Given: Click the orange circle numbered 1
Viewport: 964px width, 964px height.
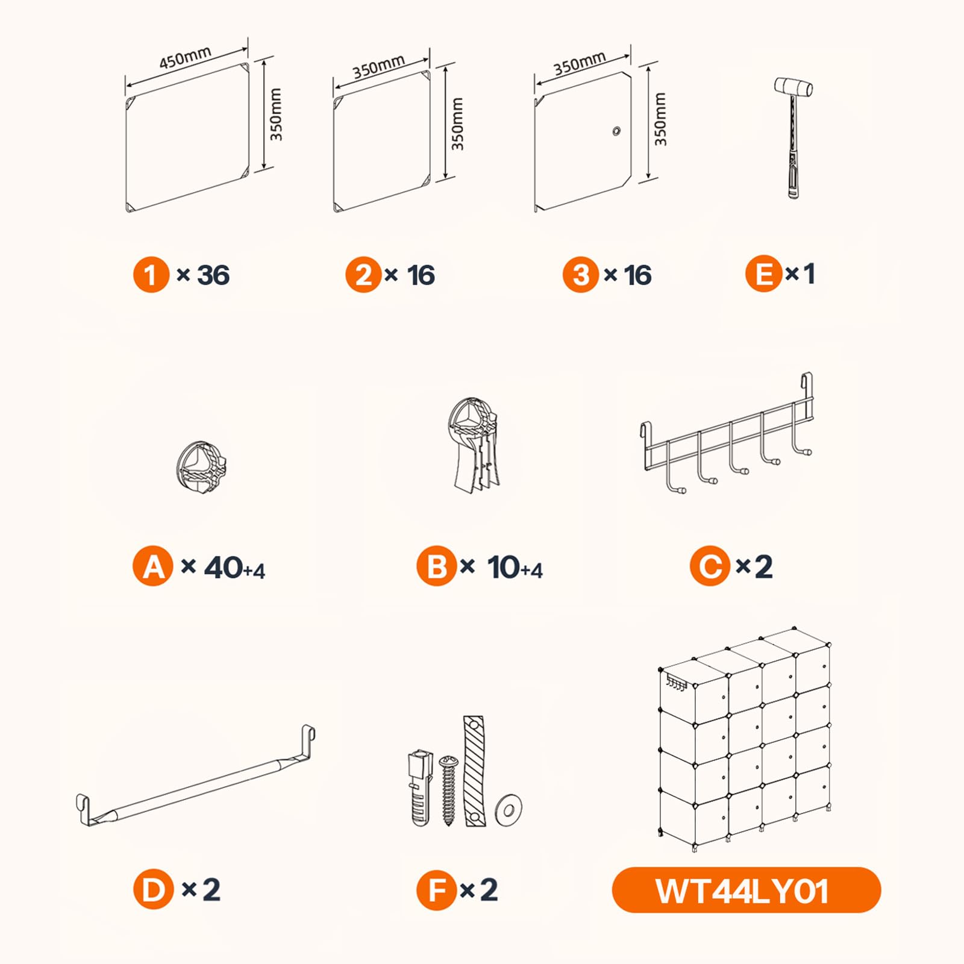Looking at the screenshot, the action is tap(151, 275).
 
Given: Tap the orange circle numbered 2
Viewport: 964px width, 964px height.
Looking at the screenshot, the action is tap(363, 275).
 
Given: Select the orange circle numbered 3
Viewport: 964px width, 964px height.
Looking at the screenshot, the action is tap(581, 275).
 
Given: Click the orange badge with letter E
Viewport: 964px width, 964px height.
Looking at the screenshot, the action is tap(764, 274).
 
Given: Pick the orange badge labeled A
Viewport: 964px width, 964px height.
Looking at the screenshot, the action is tap(153, 566).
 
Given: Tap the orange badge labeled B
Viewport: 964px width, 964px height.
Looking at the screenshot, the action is tap(436, 566).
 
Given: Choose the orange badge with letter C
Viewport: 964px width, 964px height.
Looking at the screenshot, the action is tap(710, 566).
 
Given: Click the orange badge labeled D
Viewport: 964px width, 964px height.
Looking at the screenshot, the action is tap(153, 889).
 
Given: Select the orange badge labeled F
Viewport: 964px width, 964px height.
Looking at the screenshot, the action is tap(436, 890).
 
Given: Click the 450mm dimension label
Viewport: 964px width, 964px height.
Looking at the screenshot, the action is tap(185, 57).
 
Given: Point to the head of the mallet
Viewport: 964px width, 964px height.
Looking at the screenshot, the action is tap(793, 87).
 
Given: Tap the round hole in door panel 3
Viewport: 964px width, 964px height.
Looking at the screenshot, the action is tap(616, 131).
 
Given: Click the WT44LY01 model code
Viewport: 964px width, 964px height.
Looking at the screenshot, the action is tap(742, 891).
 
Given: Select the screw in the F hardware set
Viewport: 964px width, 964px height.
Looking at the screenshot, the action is tap(448, 790).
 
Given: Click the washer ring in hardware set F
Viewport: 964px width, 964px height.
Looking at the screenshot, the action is tap(509, 810).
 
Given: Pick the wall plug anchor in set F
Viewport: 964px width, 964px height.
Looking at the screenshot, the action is tap(421, 787).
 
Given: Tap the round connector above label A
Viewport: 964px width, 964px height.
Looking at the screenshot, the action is tap(201, 468).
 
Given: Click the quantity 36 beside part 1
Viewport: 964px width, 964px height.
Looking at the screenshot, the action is tap(213, 275).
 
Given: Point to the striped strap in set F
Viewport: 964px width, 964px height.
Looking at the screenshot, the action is tap(474, 771).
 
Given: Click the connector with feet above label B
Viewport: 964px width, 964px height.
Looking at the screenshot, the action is tap(474, 443).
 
